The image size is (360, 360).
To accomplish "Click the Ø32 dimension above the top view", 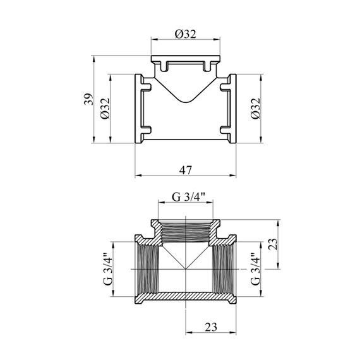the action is [x=185, y=34].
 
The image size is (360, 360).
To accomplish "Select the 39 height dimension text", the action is [x=89, y=99].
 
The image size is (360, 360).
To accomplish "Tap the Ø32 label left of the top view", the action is [x=105, y=109].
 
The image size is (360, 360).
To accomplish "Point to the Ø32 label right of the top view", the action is [x=256, y=108].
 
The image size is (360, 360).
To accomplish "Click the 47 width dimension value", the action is [x=185, y=170].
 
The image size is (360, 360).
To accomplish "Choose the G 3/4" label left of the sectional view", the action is [x=108, y=269].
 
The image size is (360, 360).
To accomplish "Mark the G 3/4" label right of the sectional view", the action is [x=256, y=269].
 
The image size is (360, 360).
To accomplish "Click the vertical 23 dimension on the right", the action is [x=273, y=244].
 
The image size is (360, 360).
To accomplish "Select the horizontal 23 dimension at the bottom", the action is [x=211, y=327].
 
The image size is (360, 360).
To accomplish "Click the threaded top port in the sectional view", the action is [x=186, y=231].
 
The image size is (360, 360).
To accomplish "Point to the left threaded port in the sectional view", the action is [x=148, y=269].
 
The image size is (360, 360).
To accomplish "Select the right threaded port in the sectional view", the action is [x=223, y=269].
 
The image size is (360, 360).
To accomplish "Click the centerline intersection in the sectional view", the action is [x=186, y=269].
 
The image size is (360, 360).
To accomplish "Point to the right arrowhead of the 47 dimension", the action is [x=233, y=176].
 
